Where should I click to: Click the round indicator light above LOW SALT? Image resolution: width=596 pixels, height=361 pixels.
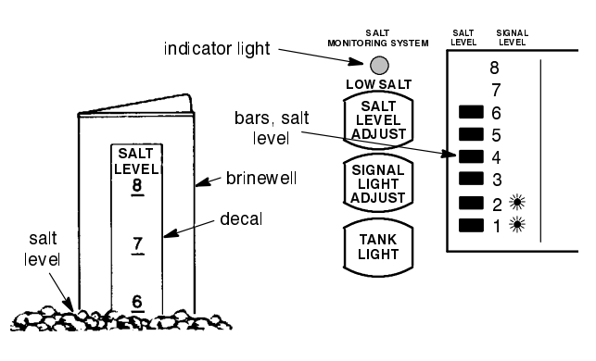[377, 67]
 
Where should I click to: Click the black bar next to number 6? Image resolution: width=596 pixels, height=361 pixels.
[473, 112]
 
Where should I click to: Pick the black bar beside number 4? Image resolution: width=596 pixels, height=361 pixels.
[473, 156]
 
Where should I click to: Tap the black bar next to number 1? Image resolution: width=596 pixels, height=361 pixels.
[473, 224]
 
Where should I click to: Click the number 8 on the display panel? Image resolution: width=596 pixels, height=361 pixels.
[494, 68]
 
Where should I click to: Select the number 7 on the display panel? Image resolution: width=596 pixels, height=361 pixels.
[494, 90]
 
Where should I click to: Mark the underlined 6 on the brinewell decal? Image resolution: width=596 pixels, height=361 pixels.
[137, 301]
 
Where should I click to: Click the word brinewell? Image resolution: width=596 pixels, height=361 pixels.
[260, 176]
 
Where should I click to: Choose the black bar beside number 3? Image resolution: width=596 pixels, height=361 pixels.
[473, 179]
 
